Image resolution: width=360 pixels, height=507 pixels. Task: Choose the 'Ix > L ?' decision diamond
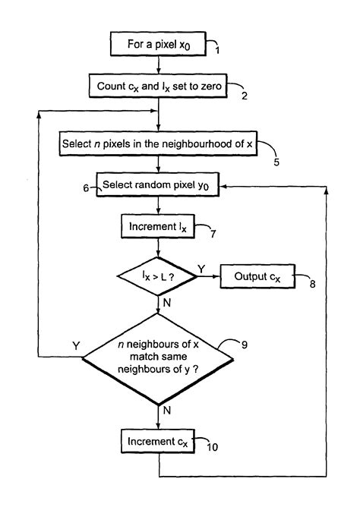click(x=157, y=278)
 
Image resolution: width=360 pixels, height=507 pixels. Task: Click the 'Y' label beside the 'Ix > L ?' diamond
click(x=201, y=268)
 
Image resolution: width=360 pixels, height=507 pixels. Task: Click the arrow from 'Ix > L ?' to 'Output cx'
click(x=207, y=278)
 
